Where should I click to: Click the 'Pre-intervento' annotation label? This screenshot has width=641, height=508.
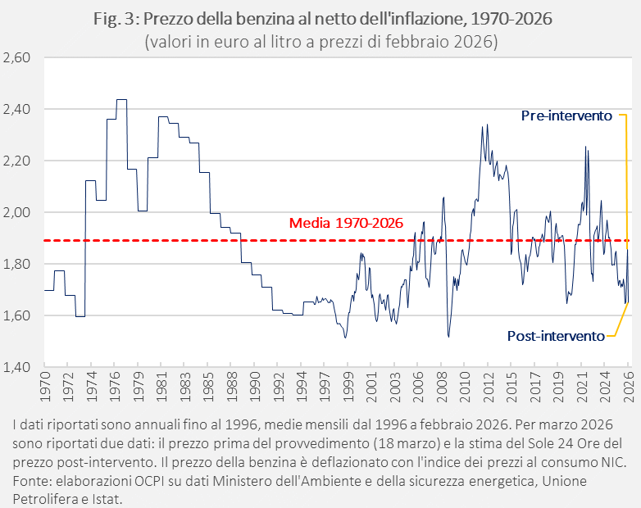point(566,116)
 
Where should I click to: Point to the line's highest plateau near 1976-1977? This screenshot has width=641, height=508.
point(121,99)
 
